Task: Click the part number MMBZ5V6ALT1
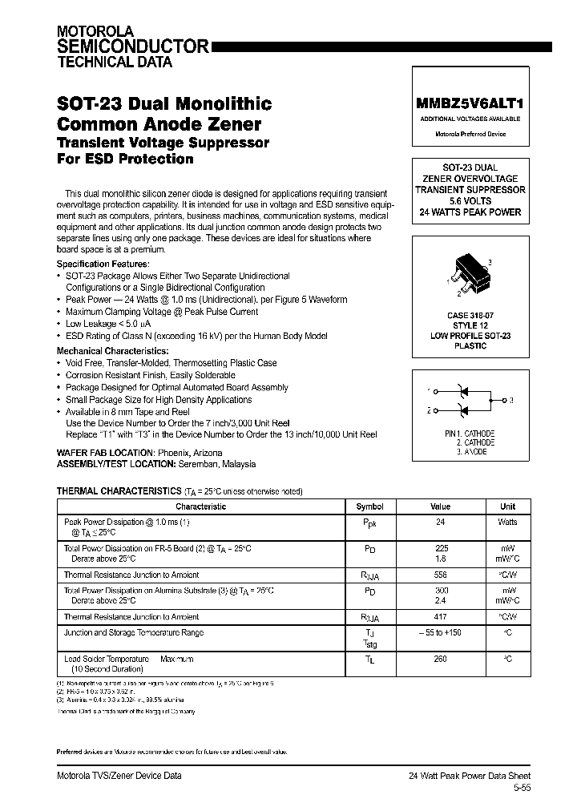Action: click(470, 103)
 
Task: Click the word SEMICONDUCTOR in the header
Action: click(132, 46)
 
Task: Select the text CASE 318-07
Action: click(470, 316)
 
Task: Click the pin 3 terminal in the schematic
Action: click(503, 399)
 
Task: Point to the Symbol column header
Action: click(369, 506)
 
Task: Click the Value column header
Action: click(440, 506)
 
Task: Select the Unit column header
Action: click(507, 506)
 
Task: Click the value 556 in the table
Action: click(440, 575)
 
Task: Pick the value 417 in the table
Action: click(440, 617)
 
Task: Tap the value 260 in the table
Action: click(440, 660)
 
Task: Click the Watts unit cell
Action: click(507, 522)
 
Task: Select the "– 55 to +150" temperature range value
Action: click(440, 632)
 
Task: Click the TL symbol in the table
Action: click(369, 660)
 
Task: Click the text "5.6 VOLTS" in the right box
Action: click(470, 201)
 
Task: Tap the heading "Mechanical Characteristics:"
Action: click(111, 351)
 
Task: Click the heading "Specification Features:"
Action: click(103, 264)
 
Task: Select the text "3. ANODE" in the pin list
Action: click(470, 452)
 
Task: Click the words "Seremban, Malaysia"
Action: click(217, 464)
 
